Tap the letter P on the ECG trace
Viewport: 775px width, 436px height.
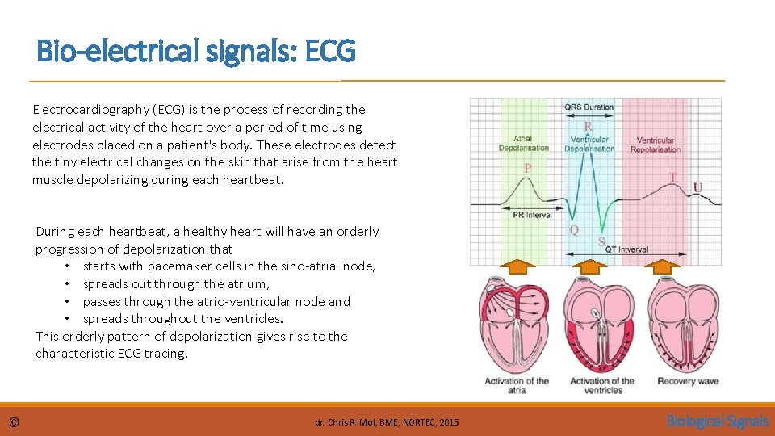coord(528,168)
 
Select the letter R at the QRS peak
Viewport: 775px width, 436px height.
coord(588,127)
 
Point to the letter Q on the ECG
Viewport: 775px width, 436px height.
coord(574,230)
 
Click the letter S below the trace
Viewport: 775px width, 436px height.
coord(601,241)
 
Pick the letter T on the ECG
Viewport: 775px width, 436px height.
coord(672,177)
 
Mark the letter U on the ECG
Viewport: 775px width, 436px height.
coord(697,188)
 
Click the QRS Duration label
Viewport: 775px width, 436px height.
coord(589,107)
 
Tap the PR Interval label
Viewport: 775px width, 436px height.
coord(532,215)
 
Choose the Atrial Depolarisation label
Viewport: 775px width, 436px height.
coord(523,144)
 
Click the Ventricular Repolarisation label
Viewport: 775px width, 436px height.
coord(656,145)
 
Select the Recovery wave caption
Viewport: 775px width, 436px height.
coord(688,381)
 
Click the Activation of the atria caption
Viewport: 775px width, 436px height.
coord(517,385)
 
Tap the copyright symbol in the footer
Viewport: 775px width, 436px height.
coord(15,422)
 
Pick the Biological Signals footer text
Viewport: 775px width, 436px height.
coord(717,421)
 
